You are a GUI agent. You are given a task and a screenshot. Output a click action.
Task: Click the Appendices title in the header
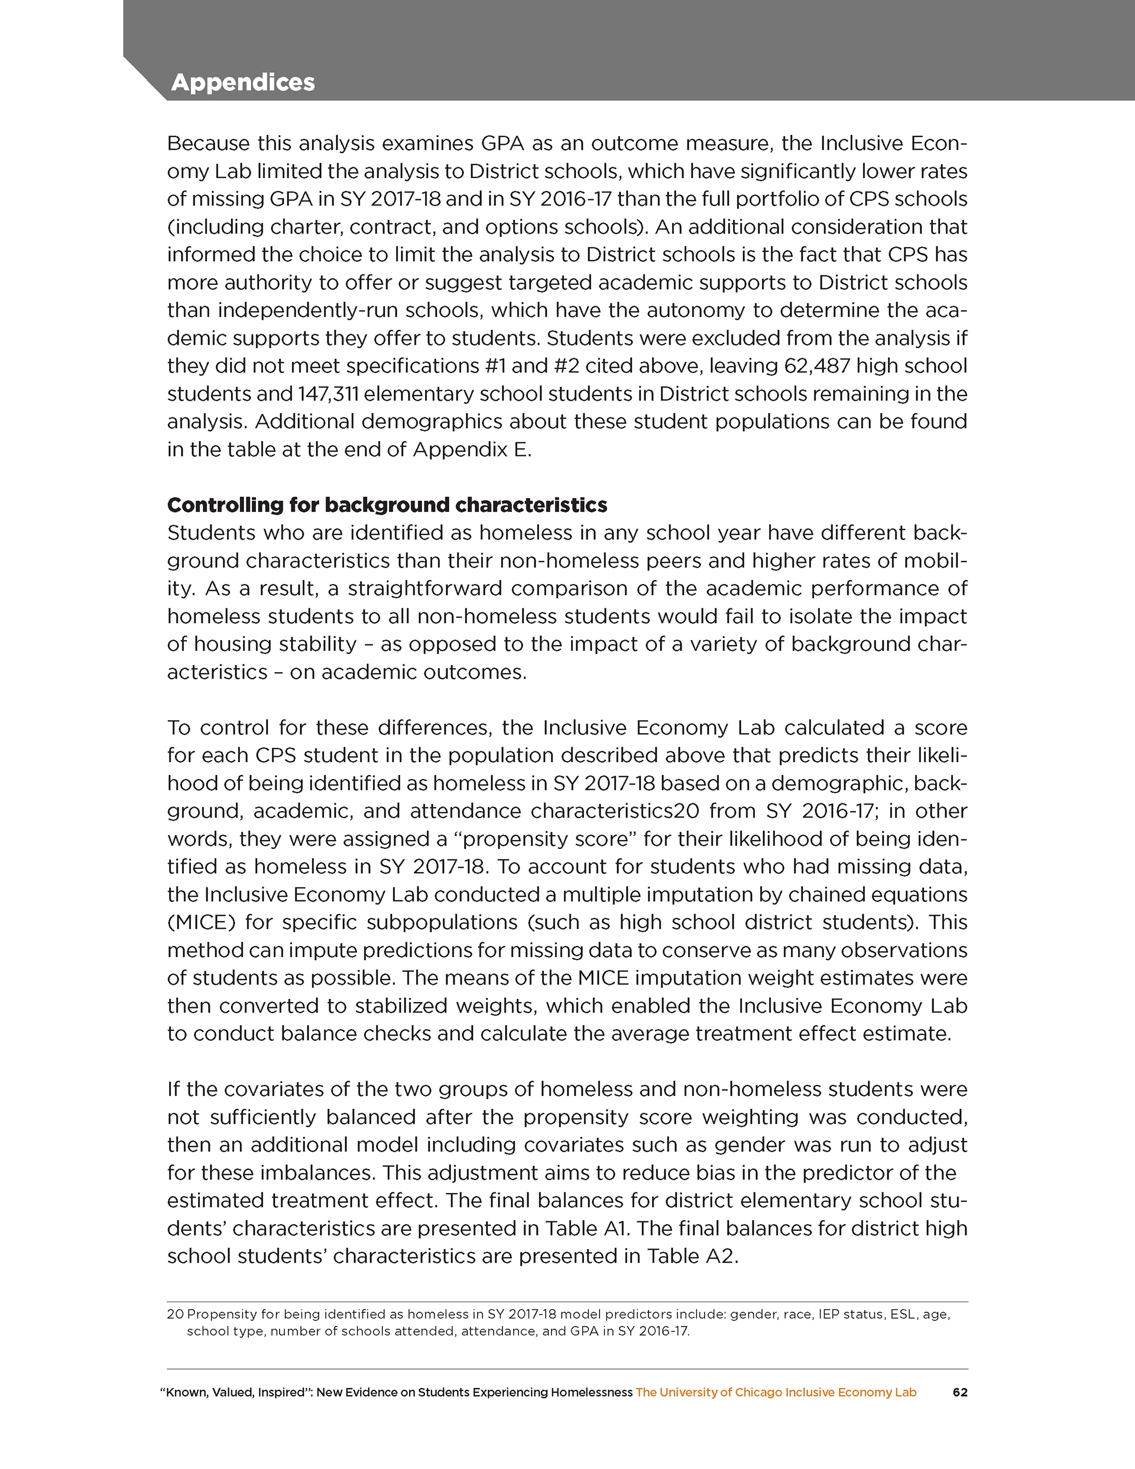[243, 82]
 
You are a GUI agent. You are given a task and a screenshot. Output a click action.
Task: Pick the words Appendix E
[471, 449]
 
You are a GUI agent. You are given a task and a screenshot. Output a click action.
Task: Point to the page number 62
[960, 1392]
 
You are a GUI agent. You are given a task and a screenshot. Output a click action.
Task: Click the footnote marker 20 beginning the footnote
[175, 1314]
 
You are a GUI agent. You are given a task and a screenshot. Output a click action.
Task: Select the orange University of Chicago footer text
[776, 1392]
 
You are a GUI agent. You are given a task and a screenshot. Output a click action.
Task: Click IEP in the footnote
[829, 1314]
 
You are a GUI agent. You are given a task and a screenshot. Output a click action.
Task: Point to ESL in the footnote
[901, 1314]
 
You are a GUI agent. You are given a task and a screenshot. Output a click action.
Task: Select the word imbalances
[321, 1172]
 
